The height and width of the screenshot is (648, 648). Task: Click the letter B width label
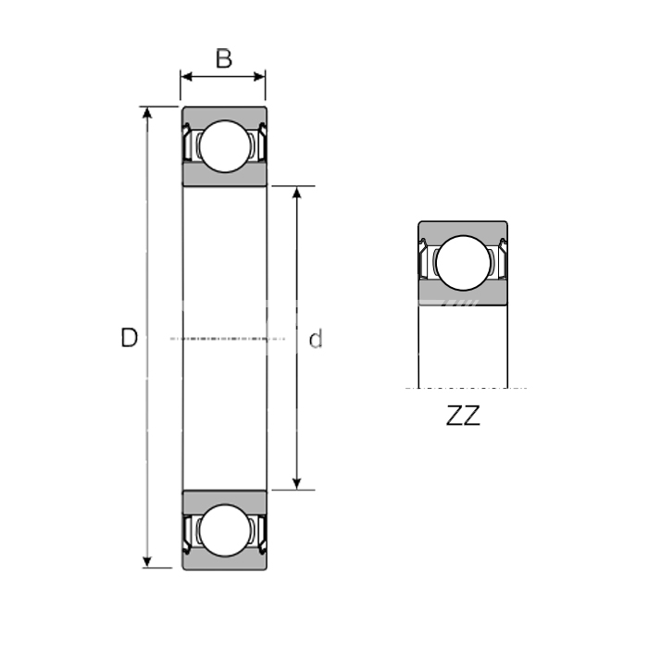[224, 58]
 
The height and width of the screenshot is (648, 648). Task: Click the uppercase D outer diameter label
[129, 338]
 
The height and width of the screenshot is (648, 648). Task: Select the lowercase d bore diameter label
[316, 339]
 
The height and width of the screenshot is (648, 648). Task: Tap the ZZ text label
[463, 416]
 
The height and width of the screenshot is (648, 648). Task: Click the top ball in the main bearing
[225, 146]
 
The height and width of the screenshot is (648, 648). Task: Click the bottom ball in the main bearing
[225, 530]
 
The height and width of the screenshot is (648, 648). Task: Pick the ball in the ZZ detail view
[463, 263]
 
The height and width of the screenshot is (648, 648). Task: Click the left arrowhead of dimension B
[186, 77]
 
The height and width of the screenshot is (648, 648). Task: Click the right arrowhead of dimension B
[259, 77]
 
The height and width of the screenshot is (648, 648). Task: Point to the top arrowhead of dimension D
[147, 112]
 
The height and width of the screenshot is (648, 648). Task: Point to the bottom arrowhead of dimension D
[147, 562]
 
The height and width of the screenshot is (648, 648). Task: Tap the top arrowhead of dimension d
[296, 193]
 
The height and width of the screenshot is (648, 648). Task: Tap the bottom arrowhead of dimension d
[296, 484]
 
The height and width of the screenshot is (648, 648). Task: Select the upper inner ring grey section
[225, 174]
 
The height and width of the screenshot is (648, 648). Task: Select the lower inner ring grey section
[225, 503]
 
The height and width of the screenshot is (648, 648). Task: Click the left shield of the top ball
[188, 143]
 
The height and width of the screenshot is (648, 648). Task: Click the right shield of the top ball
[262, 143]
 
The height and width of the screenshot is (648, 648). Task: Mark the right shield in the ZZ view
[503, 258]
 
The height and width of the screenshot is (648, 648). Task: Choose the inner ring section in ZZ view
[463, 293]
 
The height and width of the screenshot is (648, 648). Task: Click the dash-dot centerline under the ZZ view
[467, 388]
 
